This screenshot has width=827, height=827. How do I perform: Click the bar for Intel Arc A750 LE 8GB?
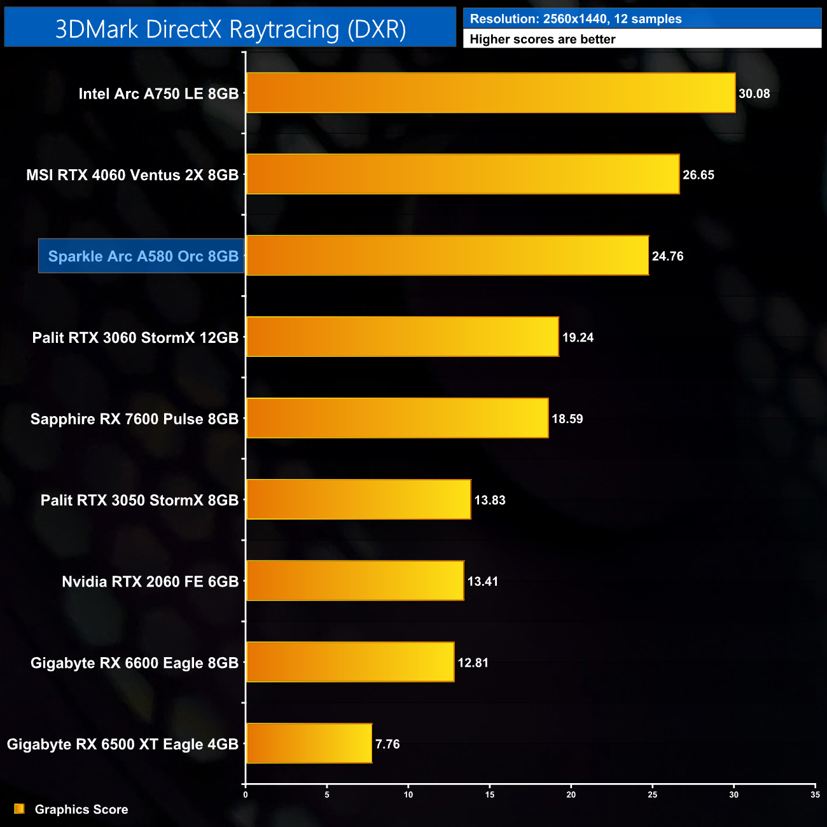(490, 93)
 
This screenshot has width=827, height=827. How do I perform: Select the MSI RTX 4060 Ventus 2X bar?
(462, 174)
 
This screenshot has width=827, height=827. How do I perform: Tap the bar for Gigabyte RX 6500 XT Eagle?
(309, 743)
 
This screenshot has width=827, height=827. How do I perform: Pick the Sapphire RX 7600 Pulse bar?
(397, 418)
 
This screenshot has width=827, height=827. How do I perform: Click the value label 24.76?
(667, 256)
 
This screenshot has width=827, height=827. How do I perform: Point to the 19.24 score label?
(578, 338)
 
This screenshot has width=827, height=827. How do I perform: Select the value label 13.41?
(482, 581)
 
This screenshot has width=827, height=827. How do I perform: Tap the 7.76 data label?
(387, 744)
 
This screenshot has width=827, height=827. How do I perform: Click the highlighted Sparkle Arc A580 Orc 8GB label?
(142, 256)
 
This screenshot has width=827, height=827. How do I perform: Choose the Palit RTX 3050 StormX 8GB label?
(139, 500)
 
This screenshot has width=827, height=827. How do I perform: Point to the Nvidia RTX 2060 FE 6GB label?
(150, 581)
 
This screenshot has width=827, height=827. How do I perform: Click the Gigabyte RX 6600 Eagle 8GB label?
(134, 663)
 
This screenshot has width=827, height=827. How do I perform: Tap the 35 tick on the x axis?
(815, 795)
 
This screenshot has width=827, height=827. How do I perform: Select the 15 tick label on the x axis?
(490, 795)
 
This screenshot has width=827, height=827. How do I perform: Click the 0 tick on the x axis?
(246, 795)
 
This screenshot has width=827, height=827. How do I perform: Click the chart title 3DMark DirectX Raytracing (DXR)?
(230, 29)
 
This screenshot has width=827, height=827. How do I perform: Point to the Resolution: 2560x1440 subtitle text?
(575, 19)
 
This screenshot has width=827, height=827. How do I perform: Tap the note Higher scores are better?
(542, 39)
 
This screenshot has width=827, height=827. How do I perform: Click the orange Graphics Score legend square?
(20, 809)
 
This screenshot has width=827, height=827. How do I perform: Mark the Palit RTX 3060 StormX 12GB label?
(135, 338)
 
